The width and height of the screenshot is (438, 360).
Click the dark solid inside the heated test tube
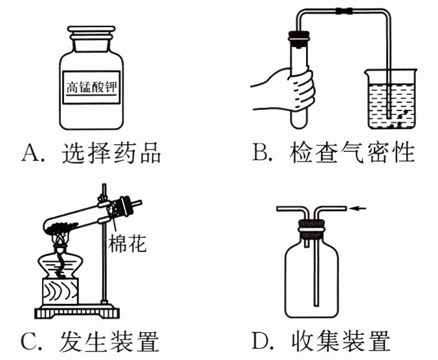pos(61,226)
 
